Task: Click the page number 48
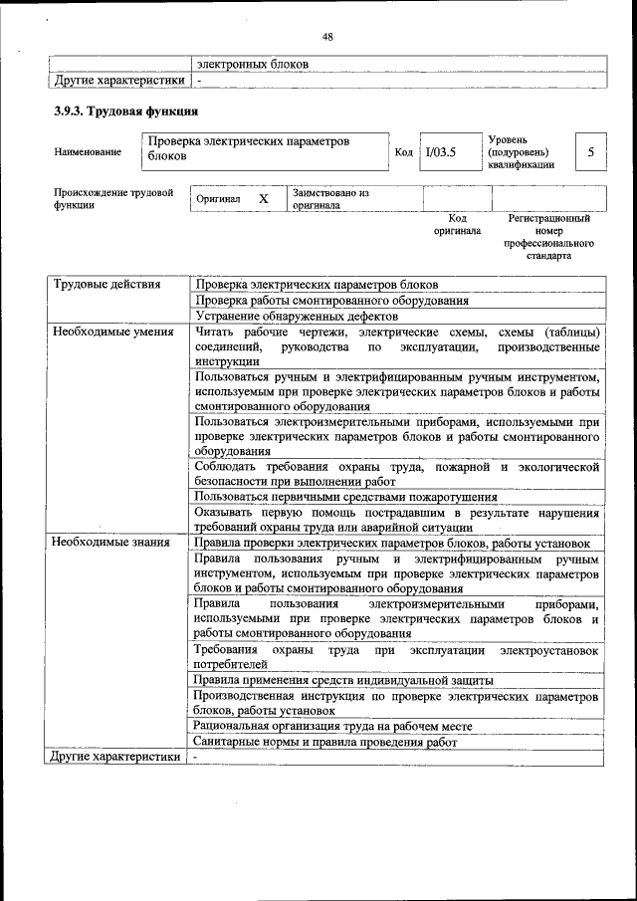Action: pos(327,38)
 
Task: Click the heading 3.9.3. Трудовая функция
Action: pos(126,112)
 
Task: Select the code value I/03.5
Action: pos(440,152)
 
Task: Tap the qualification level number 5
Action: pos(590,152)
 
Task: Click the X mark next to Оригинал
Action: pos(264,199)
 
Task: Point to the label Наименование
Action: pos(89,152)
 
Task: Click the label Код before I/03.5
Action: pos(403,152)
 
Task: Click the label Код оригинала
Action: pos(457,224)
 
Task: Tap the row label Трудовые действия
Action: pos(106,285)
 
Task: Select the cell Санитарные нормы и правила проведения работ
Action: pos(326,743)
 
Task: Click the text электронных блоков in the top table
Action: pos(252,64)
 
